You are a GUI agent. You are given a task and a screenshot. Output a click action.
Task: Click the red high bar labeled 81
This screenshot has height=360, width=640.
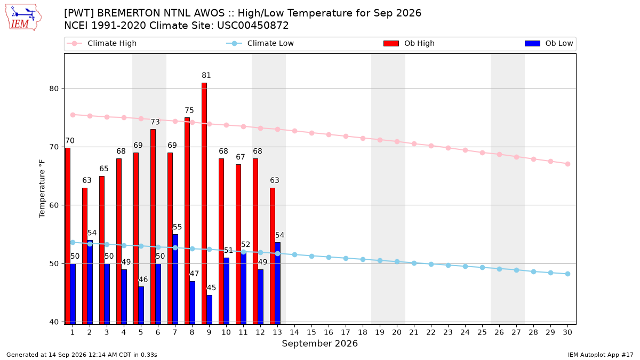click(204, 203)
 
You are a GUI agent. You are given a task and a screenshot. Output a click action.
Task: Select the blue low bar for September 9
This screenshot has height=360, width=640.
click(210, 310)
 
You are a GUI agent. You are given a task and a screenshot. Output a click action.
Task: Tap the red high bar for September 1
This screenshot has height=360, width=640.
click(68, 236)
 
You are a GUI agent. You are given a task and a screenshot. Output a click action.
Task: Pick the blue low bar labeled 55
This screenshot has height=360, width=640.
click(175, 279)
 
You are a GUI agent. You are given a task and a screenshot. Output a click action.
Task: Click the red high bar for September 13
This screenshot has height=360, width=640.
click(273, 256)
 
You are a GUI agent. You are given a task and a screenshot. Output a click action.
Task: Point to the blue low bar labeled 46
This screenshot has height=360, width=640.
click(141, 306)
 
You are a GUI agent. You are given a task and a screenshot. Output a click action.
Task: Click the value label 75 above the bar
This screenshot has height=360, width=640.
click(189, 110)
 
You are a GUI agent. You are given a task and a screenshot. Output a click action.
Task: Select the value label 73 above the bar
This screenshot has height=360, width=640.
click(155, 122)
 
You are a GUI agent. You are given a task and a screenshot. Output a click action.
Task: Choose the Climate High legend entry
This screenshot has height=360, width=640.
click(101, 43)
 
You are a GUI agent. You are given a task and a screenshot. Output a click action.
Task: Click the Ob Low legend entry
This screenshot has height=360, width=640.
click(549, 43)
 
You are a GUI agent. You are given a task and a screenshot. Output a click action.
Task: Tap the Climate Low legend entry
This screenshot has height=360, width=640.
click(260, 43)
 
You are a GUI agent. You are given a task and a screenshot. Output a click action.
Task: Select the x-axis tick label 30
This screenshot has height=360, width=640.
click(567, 332)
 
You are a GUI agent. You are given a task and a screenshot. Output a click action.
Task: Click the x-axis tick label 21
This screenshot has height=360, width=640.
click(414, 332)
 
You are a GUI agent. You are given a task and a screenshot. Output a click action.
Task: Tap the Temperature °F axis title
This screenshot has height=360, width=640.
click(42, 189)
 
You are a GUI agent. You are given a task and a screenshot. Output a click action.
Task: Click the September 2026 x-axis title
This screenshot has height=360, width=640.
click(319, 343)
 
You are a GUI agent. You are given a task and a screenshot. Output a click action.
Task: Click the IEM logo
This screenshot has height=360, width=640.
click(23, 18)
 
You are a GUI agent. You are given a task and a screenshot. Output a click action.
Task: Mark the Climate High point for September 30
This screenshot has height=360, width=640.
click(567, 164)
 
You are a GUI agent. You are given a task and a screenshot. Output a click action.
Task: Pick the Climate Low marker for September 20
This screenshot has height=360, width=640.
click(397, 262)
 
